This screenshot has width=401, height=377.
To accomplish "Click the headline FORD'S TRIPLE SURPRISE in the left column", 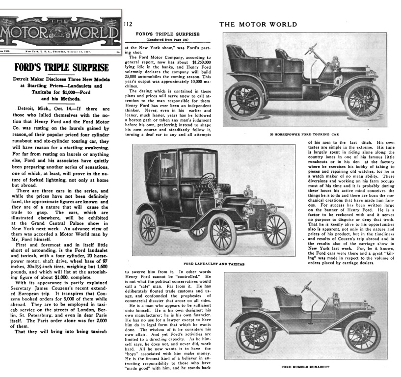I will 61,67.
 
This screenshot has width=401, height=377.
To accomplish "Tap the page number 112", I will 128,24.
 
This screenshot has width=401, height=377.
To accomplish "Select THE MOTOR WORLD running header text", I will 258,24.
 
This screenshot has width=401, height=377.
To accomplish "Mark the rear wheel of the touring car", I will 244,101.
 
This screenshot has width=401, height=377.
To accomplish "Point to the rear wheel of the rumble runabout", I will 253,335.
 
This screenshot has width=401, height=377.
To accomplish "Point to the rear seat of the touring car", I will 239,54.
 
